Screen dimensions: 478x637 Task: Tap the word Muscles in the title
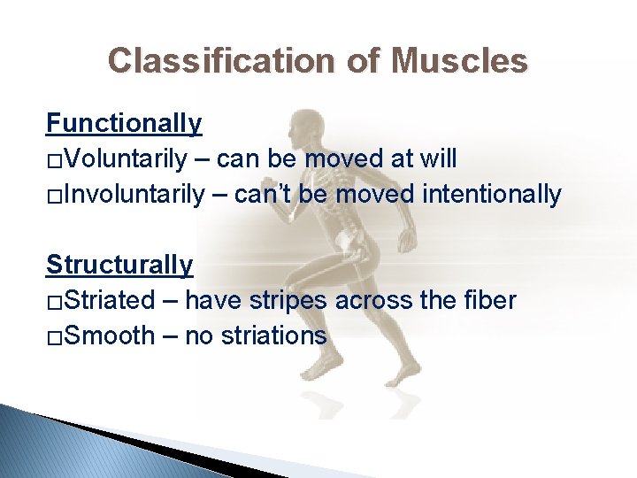tap(459, 61)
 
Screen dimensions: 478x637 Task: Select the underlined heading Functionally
tap(124, 123)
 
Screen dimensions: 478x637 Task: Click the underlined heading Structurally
tap(119, 265)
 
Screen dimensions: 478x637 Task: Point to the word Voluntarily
tap(125, 159)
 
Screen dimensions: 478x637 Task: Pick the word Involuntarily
tap(134, 195)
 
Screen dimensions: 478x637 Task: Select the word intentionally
tap(490, 195)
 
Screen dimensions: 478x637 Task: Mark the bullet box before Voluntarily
tap(54, 161)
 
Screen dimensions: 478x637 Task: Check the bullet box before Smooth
tap(54, 338)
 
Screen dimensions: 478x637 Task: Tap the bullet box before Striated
tap(54, 303)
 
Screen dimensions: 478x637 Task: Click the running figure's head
tap(307, 124)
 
